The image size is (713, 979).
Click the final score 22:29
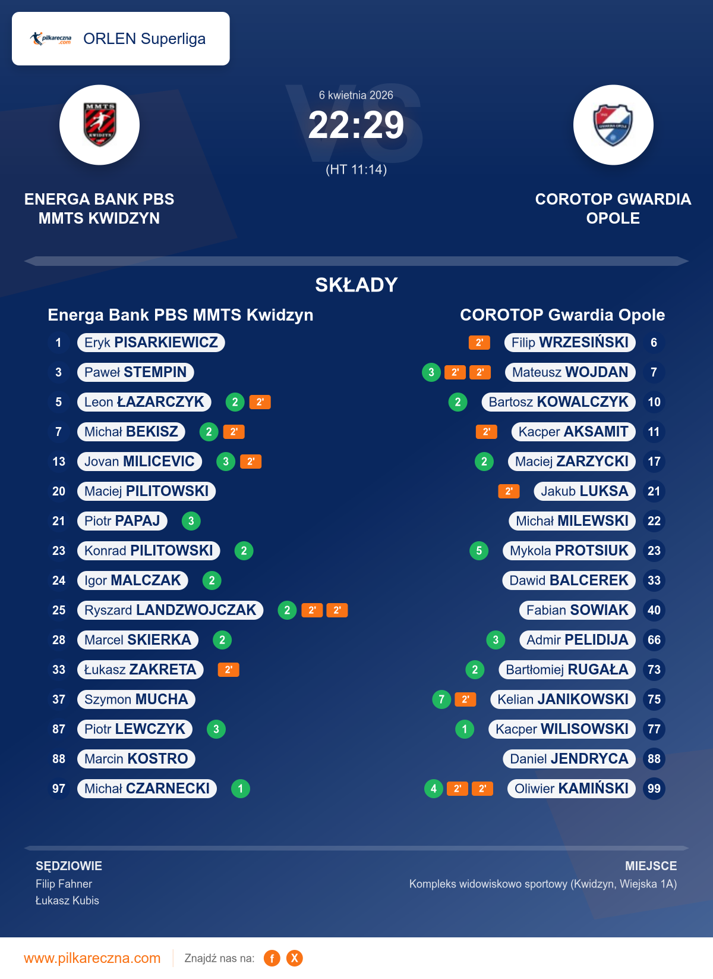(356, 125)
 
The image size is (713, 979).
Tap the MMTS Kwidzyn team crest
(99, 125)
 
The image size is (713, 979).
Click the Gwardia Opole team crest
(613, 125)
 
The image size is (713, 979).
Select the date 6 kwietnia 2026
(356, 95)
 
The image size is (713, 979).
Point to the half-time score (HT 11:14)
(356, 170)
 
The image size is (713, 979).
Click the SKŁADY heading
(356, 285)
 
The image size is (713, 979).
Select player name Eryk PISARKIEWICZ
(151, 343)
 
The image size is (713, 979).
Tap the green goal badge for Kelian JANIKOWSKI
(441, 699)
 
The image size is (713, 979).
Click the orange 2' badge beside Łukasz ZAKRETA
(228, 670)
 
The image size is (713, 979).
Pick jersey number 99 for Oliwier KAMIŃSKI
(654, 789)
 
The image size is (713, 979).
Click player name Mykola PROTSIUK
(569, 551)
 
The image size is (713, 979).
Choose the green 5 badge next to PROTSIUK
(479, 551)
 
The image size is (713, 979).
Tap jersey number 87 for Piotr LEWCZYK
(59, 729)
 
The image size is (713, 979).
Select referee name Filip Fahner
(64, 884)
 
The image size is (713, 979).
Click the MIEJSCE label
(651, 866)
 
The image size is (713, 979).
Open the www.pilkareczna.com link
(92, 958)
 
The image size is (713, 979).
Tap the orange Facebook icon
(272, 958)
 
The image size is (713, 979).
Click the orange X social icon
(295, 958)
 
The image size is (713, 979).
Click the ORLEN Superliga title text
(144, 39)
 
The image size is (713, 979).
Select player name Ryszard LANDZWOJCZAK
(170, 610)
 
